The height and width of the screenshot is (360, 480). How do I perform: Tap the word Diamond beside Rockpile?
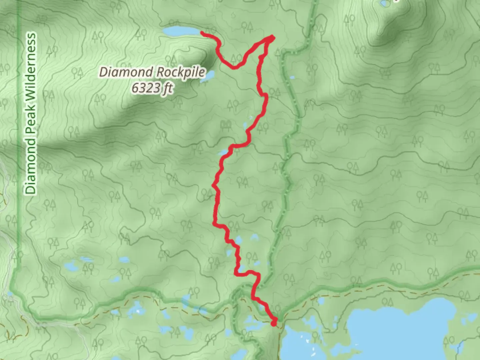click(126, 72)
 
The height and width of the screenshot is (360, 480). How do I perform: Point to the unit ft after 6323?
click(167, 88)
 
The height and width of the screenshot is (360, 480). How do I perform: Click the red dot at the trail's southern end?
click(274, 323)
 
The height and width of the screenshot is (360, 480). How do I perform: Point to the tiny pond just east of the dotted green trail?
click(292, 78)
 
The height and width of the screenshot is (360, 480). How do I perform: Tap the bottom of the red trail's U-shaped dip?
click(234, 68)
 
